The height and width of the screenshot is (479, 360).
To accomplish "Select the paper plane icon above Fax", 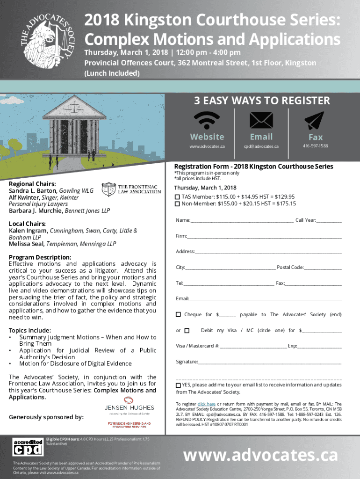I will coord(314,121).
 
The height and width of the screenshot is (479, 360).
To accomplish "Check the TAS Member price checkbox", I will coord(177,196).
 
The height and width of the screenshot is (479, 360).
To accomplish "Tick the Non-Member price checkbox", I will coord(177,204).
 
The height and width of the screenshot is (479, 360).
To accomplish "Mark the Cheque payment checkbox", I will coord(178,314).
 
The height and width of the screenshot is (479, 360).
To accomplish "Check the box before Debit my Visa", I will coord(187,331).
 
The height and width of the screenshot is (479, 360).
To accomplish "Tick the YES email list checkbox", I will coord(178,385).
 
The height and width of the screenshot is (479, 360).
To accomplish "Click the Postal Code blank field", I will coord(323,268).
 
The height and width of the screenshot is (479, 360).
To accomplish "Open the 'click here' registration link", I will coord(206,404).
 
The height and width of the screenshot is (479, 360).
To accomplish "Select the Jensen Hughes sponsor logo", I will coord(123,405).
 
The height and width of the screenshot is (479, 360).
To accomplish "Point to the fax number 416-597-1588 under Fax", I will coord(315,146).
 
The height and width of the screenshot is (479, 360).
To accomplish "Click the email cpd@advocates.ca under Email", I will coord(261,146).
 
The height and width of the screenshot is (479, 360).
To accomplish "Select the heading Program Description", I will coord(40,257).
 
